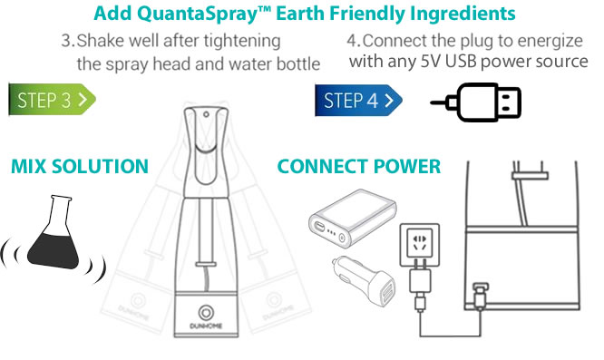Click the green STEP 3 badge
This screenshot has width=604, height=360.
pyautogui.click(x=52, y=100)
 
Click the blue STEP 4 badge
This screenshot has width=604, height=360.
pyautogui.click(x=358, y=100)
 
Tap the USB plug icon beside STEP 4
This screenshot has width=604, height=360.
pyautogui.click(x=476, y=102)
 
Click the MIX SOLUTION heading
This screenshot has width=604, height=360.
pyautogui.click(x=80, y=166)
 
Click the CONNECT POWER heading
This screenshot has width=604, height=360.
pyautogui.click(x=358, y=166)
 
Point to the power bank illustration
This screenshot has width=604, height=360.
pyautogui.click(x=353, y=218)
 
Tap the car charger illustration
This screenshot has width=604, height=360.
pyautogui.click(x=364, y=281)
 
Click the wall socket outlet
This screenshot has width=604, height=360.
pyautogui.click(x=420, y=245)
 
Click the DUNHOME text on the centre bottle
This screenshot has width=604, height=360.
pyautogui.click(x=206, y=326)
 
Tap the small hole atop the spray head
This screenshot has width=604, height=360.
pyautogui.click(x=207, y=114)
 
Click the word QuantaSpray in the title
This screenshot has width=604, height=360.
pyautogui.click(x=198, y=14)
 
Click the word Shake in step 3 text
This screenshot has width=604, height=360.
pyautogui.click(x=101, y=41)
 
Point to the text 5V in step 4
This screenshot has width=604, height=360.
pyautogui.click(x=430, y=62)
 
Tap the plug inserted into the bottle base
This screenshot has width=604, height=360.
pyautogui.click(x=480, y=296)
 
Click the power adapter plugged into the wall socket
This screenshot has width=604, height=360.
pyautogui.click(x=420, y=285)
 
